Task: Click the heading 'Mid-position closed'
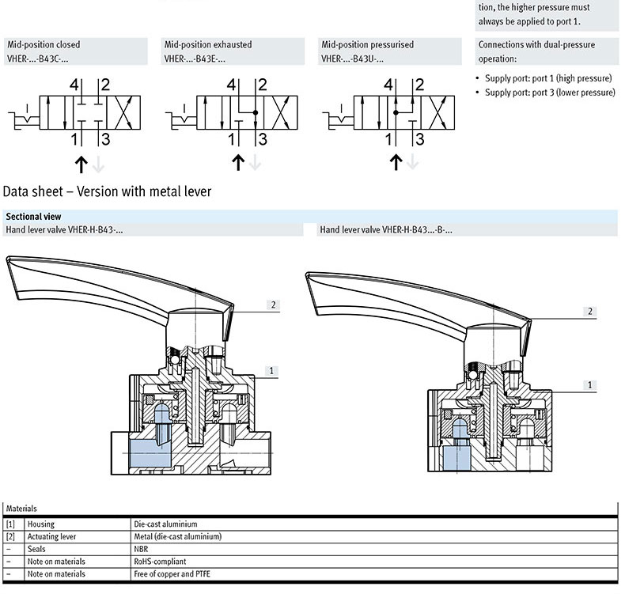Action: click(x=44, y=45)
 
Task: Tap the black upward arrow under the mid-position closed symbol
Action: click(x=80, y=163)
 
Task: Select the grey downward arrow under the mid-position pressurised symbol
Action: click(x=412, y=163)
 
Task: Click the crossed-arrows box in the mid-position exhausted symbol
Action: click(x=282, y=112)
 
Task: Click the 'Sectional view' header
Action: click(x=33, y=216)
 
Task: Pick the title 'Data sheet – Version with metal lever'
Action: click(x=108, y=191)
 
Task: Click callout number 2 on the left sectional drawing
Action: click(x=274, y=305)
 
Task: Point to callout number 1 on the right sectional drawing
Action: click(x=589, y=385)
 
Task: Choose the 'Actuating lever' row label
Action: click(x=51, y=536)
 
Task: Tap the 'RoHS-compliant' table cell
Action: click(x=161, y=562)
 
